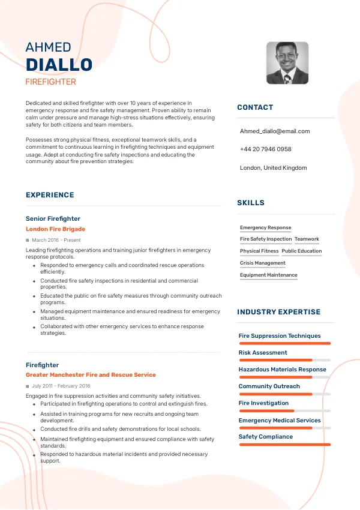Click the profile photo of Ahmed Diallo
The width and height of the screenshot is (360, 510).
click(x=287, y=63)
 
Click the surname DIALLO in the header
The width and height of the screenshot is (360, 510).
click(x=59, y=65)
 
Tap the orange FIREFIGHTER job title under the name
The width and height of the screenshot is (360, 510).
click(x=51, y=82)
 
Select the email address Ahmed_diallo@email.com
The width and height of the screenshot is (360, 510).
click(x=275, y=131)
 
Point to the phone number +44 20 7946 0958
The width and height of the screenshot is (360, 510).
click(x=265, y=149)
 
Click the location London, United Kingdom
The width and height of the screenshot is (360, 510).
click(x=273, y=168)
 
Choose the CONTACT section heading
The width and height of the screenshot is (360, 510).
click(x=255, y=107)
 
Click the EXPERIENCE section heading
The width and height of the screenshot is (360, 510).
click(x=50, y=195)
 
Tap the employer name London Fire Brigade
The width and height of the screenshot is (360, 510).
click(x=55, y=229)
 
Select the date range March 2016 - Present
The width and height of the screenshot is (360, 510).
click(x=56, y=240)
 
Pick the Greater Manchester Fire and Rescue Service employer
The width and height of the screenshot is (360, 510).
click(x=91, y=375)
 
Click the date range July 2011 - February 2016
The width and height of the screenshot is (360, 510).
click(x=61, y=386)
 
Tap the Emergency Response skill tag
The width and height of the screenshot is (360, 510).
click(x=265, y=228)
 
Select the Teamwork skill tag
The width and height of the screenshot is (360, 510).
click(x=307, y=239)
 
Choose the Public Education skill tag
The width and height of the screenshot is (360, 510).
click(x=301, y=251)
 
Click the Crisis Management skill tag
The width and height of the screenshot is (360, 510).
click(x=262, y=263)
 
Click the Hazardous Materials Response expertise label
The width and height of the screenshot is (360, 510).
click(x=282, y=370)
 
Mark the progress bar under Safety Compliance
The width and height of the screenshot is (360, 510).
click(x=284, y=445)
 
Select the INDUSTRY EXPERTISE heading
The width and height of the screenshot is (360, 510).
click(x=278, y=312)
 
